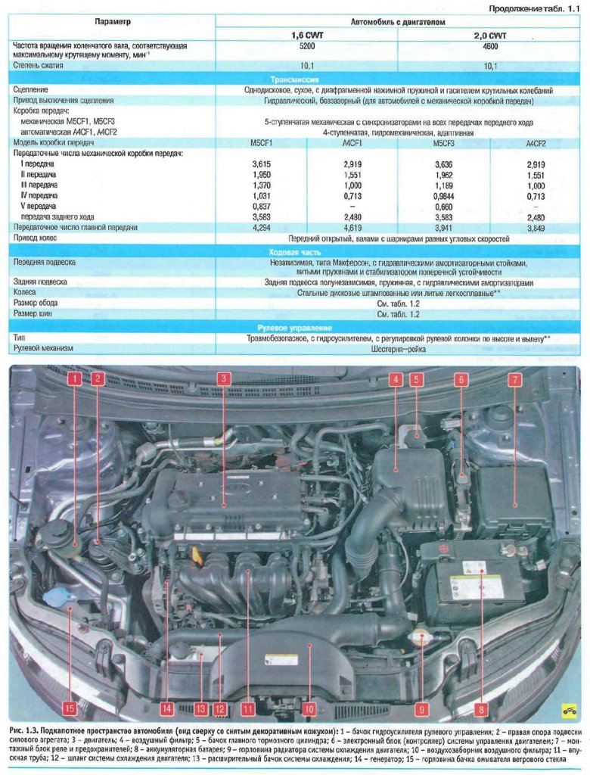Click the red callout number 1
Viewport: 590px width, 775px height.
coord(74,379)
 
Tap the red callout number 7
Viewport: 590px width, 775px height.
coord(515,379)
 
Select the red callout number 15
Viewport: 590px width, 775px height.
coord(70,708)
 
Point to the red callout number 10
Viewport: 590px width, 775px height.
coord(309,709)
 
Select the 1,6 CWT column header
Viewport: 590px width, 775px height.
coord(307,36)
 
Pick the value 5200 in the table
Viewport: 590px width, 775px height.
coord(307,46)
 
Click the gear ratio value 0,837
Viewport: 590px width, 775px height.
coord(262,206)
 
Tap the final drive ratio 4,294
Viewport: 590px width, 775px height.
coord(262,228)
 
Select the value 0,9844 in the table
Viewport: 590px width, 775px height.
coord(443,196)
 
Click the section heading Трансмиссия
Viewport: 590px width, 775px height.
coord(294,79)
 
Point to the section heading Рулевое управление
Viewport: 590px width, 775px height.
coord(294,328)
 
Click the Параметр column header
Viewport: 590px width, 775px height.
coord(113,22)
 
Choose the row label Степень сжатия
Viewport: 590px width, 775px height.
coord(39,65)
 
